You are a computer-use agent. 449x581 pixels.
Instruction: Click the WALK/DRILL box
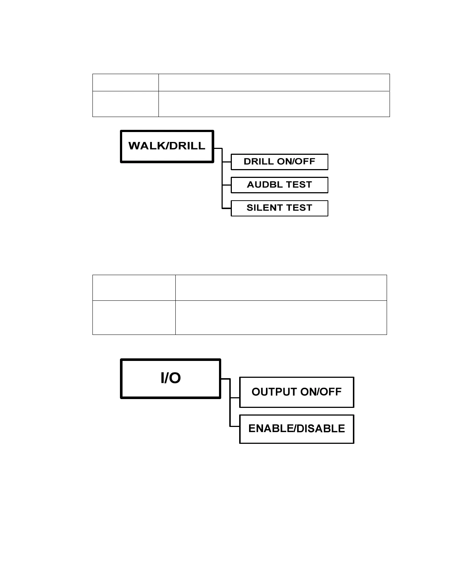click(167, 146)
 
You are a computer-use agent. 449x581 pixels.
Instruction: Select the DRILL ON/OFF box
click(279, 162)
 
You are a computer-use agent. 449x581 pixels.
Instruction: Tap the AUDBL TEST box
click(279, 185)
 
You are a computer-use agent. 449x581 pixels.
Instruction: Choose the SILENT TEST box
click(279, 208)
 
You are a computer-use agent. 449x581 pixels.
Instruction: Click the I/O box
click(171, 379)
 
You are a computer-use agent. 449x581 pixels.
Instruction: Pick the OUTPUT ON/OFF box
click(296, 392)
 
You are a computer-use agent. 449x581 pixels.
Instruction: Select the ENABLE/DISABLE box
click(296, 429)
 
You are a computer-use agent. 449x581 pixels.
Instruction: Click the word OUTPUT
click(274, 392)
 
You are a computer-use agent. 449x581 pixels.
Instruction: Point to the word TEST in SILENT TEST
click(299, 208)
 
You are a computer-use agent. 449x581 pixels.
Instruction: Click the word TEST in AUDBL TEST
click(299, 185)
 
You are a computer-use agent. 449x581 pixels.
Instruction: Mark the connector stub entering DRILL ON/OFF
click(227, 162)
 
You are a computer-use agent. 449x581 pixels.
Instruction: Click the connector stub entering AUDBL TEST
click(227, 185)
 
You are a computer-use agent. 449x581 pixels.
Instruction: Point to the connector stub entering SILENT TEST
click(227, 208)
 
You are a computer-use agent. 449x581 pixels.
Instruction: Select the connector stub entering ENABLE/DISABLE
click(235, 426)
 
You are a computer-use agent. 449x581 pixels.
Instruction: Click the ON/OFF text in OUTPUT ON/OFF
click(321, 392)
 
